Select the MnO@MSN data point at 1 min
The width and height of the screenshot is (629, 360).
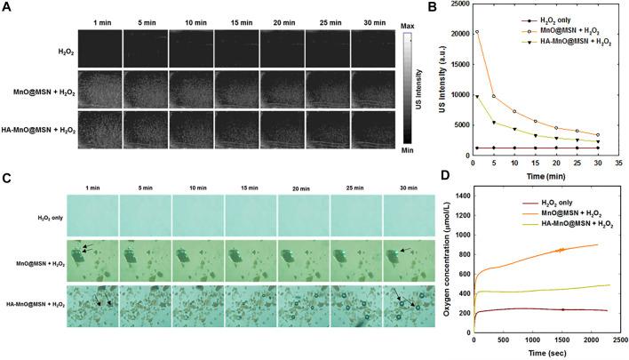(477, 31)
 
